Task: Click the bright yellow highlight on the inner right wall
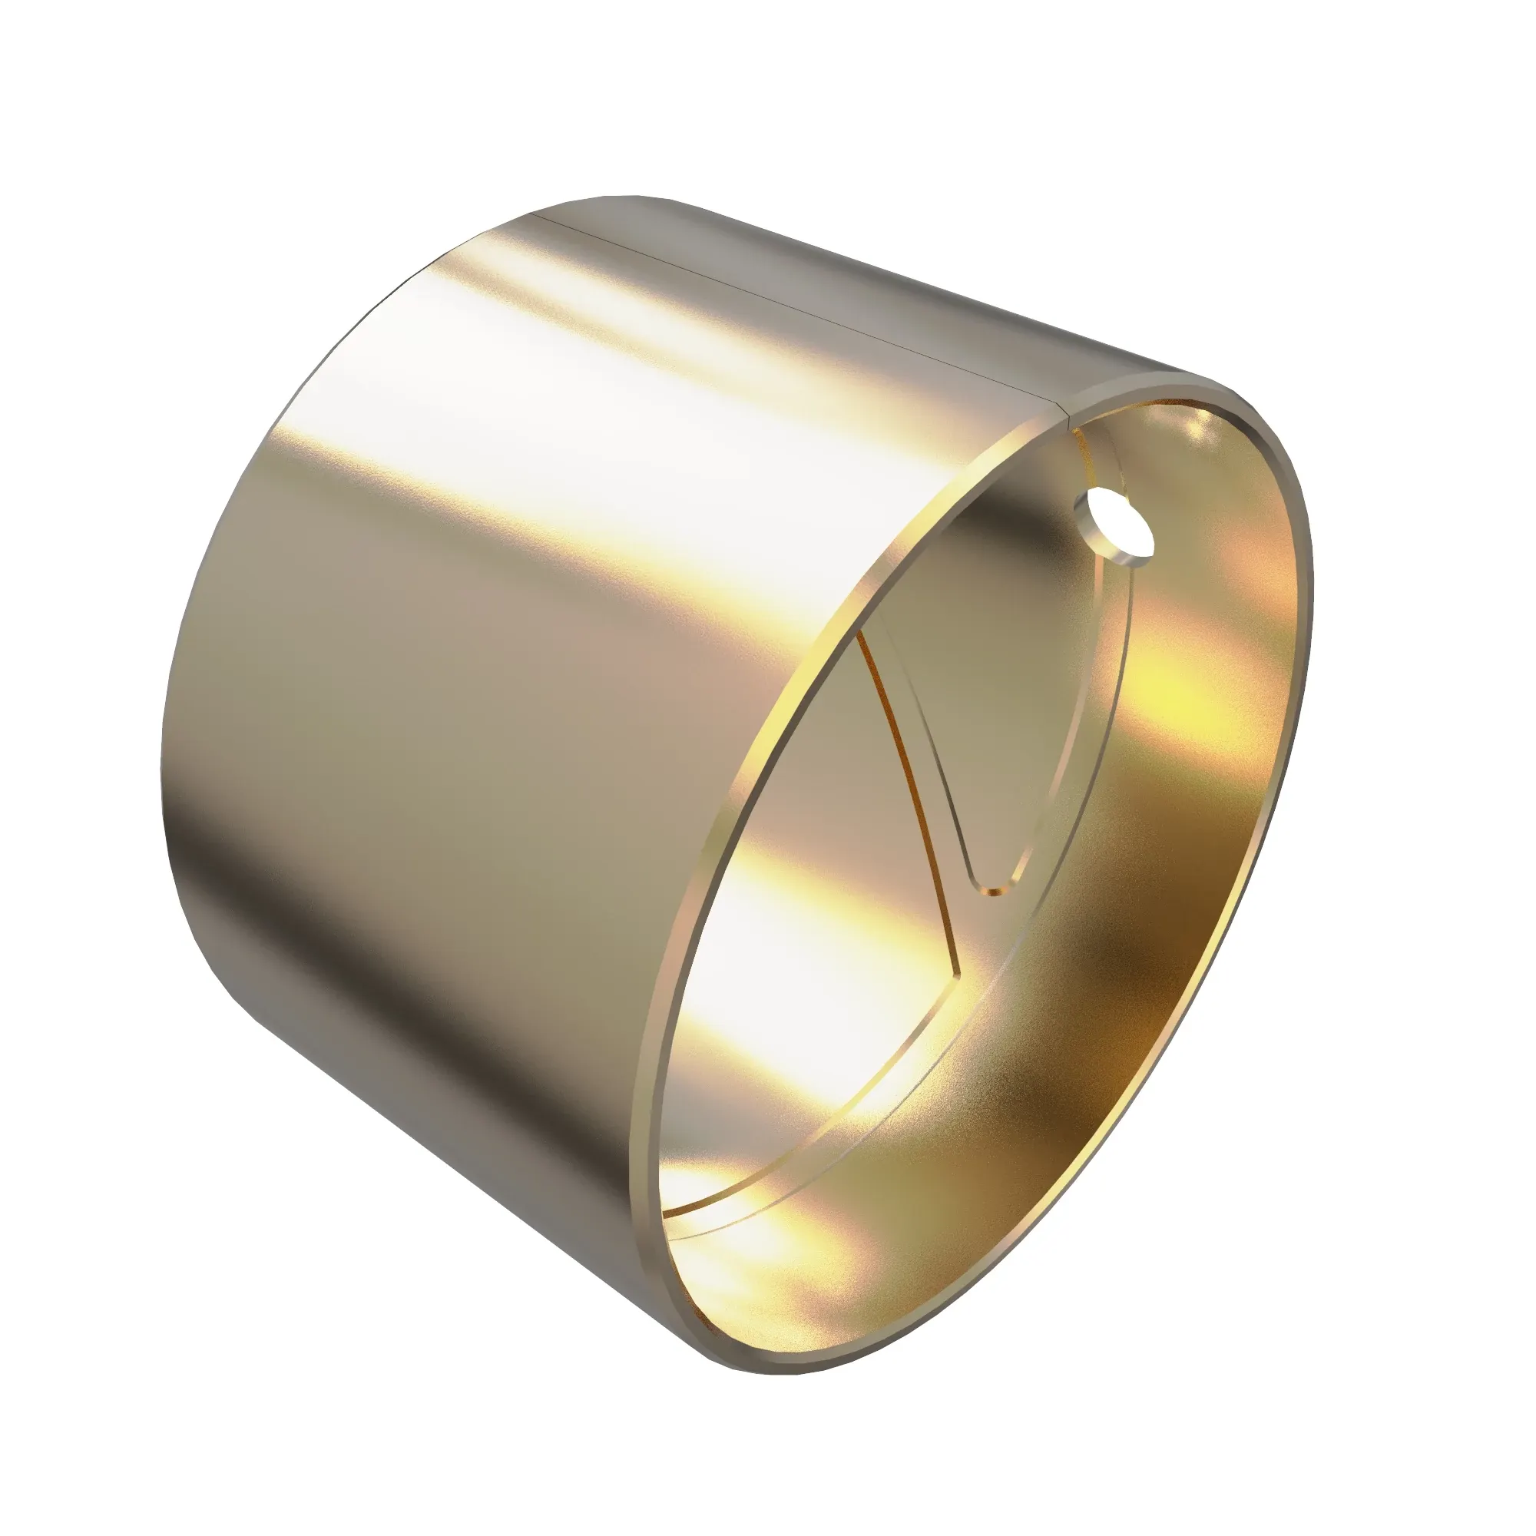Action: point(1184,700)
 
